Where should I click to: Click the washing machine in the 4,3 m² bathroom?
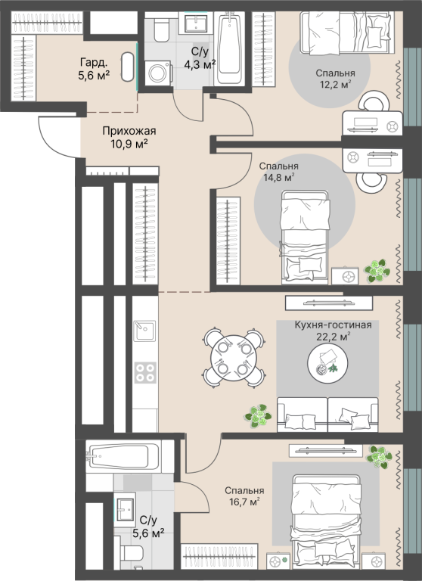[x=158, y=73]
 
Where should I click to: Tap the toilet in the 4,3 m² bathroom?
[x=162, y=29]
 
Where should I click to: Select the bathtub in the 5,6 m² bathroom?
[x=126, y=456]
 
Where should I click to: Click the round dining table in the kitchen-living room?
[x=234, y=358]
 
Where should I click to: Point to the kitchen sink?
[x=144, y=331]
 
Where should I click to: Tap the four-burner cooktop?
[x=145, y=373]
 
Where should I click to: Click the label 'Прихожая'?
[x=129, y=131]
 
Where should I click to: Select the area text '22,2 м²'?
[x=333, y=337]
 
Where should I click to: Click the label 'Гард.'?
[x=93, y=63]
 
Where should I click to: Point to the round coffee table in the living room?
[x=327, y=363]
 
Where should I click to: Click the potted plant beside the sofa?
[x=258, y=416]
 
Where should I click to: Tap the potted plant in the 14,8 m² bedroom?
[x=377, y=271]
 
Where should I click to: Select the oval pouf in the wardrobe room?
[x=128, y=67]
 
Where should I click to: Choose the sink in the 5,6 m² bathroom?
[x=125, y=509]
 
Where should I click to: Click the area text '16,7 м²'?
[x=244, y=502]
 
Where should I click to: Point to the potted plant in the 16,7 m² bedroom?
[x=379, y=457]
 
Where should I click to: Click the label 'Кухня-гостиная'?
[x=333, y=325]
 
